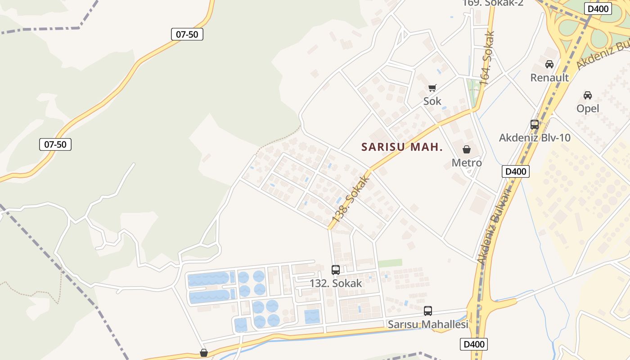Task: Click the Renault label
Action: pyautogui.click(x=549, y=77)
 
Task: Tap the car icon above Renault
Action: pyautogui.click(x=549, y=64)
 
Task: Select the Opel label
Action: pyautogui.click(x=588, y=108)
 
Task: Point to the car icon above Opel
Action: pyautogui.click(x=588, y=95)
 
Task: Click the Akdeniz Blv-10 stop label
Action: pyautogui.click(x=535, y=138)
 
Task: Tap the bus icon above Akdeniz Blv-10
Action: pyautogui.click(x=535, y=125)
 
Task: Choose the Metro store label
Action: pyautogui.click(x=467, y=162)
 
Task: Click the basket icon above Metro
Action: pyautogui.click(x=467, y=149)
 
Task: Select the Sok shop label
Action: pyautogui.click(x=432, y=101)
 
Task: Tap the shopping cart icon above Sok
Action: pyautogui.click(x=432, y=88)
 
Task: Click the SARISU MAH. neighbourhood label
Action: pyautogui.click(x=402, y=147)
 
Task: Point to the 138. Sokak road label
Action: pyautogui.click(x=351, y=198)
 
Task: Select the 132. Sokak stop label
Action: pyautogui.click(x=336, y=283)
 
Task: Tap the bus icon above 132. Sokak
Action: pyautogui.click(x=336, y=270)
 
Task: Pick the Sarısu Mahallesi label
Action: pyautogui.click(x=428, y=324)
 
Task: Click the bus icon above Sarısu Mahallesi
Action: pyautogui.click(x=428, y=311)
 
